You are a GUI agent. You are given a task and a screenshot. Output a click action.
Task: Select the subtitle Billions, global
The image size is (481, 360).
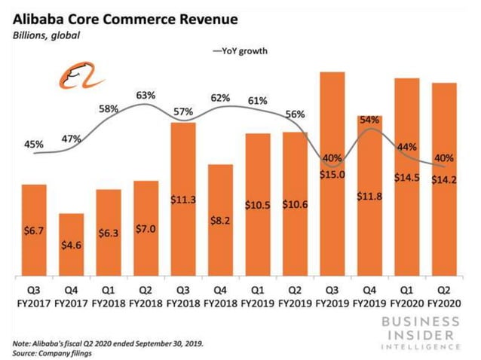tap(47, 35)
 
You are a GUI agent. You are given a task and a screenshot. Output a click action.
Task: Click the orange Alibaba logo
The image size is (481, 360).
tap(72, 77)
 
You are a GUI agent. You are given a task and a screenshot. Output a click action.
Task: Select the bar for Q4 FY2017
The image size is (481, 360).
tap(72, 245)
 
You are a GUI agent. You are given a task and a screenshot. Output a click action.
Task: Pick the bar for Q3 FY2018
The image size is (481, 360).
tap(183, 199)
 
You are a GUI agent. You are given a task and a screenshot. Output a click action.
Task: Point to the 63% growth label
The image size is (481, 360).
tap(146, 96)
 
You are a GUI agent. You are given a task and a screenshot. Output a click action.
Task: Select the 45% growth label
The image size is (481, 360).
tap(35, 143)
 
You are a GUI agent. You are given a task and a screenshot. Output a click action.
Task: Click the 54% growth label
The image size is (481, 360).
tap(369, 120)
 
